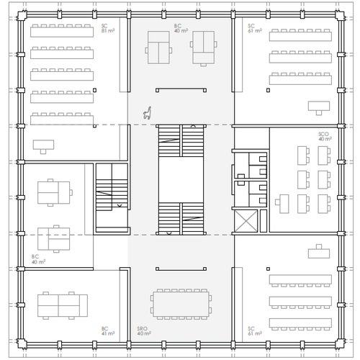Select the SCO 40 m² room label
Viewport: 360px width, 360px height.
pos(325,136)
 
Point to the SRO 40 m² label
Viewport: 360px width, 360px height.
pos(143,332)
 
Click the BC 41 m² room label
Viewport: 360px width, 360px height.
pos(108,332)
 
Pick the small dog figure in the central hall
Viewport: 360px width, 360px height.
pos(148,112)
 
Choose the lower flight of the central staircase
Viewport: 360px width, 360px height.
pos(181,219)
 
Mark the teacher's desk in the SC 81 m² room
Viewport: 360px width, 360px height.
pos(45,144)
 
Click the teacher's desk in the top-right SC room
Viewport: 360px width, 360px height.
pos(318,107)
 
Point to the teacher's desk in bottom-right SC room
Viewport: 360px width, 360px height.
pos(318,252)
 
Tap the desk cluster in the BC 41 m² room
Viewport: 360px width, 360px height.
pos(63,305)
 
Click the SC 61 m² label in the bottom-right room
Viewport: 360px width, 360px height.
pos(253,332)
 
